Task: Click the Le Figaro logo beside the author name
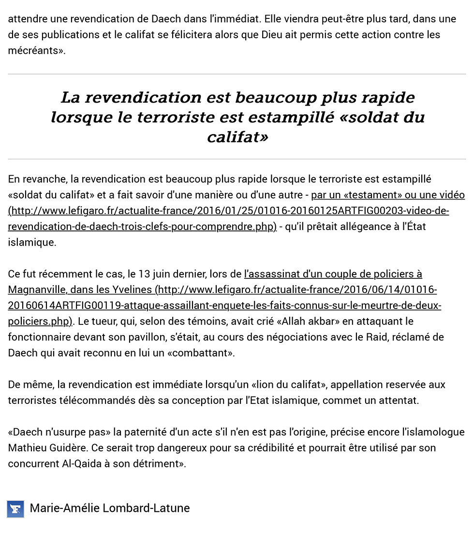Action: coord(15,508)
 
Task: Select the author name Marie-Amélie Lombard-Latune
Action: coord(110,508)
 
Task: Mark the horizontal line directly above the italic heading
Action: coord(237,74)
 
